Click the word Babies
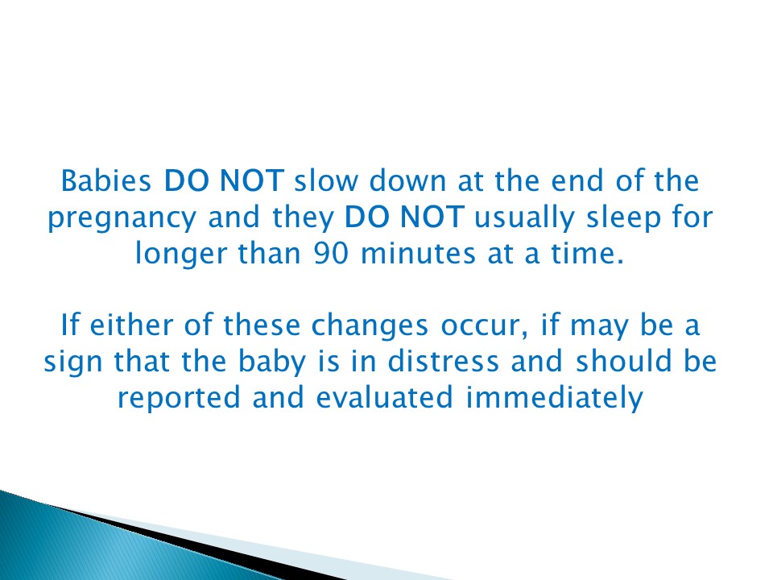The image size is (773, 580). (x=109, y=180)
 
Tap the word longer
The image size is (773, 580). (x=177, y=255)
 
